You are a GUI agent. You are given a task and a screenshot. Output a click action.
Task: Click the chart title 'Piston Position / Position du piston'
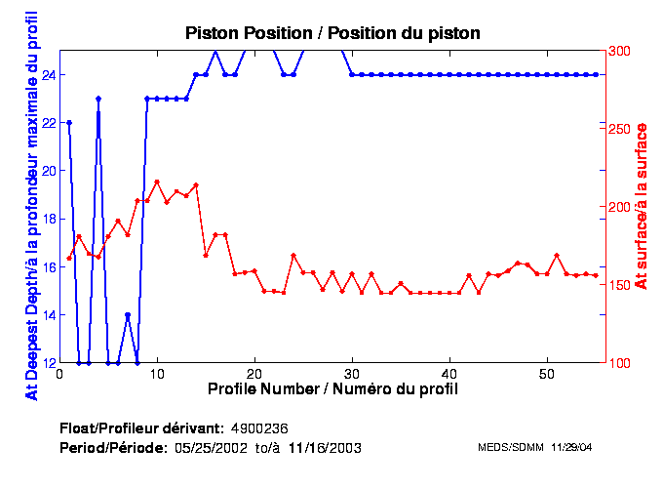(332, 33)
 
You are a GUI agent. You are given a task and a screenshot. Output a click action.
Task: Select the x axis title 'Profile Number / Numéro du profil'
(332, 388)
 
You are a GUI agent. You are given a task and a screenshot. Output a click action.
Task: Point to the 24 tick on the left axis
(47, 74)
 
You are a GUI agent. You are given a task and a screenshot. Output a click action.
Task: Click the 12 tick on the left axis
(47, 362)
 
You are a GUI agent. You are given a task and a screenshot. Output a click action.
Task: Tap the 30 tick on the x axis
(351, 373)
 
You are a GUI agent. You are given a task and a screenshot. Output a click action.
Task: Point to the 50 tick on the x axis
(546, 373)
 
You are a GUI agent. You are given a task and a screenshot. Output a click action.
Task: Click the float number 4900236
(259, 429)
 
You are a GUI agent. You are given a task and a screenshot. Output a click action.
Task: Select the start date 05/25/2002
(210, 448)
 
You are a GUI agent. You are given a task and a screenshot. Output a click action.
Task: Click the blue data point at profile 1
(69, 122)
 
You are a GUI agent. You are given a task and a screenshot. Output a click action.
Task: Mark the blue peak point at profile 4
(98, 99)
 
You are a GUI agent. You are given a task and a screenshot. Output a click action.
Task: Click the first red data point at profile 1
(69, 258)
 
